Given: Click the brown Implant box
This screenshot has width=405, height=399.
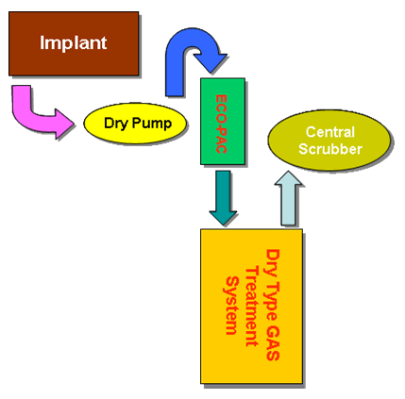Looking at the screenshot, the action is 74,43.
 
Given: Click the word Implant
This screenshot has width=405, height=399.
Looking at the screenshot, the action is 74,43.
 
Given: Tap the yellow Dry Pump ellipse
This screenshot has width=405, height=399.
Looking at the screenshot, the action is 135,124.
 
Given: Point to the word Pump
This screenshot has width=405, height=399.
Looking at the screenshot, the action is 152,123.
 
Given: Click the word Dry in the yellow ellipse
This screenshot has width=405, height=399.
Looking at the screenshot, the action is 116,124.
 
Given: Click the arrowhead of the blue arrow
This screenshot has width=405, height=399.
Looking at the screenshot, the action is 211,63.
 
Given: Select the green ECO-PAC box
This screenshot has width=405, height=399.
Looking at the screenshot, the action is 223,121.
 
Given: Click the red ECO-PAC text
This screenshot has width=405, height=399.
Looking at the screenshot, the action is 222,124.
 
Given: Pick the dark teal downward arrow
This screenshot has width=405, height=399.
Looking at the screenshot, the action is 223,198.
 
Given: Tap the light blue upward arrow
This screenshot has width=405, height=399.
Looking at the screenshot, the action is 288,198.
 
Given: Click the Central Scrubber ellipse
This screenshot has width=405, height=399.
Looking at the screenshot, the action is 329,141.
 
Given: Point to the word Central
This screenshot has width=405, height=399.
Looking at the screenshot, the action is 330,132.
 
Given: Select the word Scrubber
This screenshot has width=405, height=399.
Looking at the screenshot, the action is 330,149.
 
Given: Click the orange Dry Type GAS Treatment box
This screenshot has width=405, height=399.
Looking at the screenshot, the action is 252,307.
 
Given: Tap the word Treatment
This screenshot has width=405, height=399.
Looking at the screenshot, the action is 252,307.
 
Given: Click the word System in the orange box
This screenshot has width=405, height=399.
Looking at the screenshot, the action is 232,306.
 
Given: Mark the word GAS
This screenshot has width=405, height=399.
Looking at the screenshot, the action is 273,342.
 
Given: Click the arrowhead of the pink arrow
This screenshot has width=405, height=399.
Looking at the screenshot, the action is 64,124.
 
